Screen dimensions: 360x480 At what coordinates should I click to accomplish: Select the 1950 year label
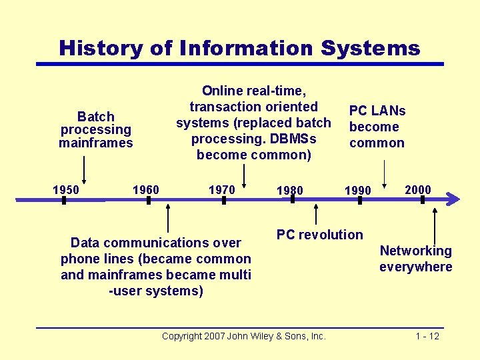click(x=65, y=190)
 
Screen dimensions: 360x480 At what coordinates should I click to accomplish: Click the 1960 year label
click(x=146, y=190)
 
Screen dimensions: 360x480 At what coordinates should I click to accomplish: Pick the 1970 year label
click(x=222, y=190)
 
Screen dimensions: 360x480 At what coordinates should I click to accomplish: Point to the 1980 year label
click(x=290, y=191)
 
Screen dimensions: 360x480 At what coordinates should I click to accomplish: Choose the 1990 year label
click(x=357, y=191)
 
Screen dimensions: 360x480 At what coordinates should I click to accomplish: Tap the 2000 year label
click(x=418, y=190)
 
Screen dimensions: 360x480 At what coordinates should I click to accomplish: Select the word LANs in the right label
click(x=389, y=111)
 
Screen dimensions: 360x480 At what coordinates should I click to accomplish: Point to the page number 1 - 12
click(x=427, y=336)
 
